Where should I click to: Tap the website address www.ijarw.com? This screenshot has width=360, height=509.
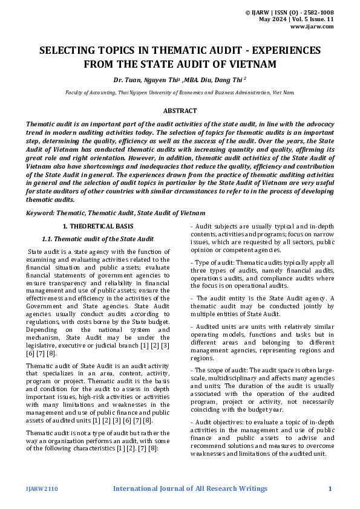coord(312,26)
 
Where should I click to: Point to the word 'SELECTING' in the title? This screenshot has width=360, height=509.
coord(67,51)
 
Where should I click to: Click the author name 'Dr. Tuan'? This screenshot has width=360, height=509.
coord(125,79)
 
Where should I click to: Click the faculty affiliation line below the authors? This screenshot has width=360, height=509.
coord(180,92)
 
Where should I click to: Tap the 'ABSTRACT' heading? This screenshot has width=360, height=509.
coord(180,111)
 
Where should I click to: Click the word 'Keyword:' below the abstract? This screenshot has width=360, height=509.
coord(41,213)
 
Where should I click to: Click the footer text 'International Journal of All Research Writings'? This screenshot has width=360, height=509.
coord(190,488)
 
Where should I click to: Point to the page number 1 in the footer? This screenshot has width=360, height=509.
coord(330,488)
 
